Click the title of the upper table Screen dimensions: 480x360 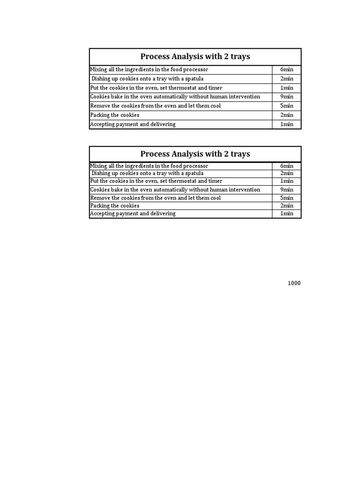pyautogui.click(x=195, y=57)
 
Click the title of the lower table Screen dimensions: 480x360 pyautogui.click(x=195, y=154)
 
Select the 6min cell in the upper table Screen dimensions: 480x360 pyautogui.click(x=286, y=70)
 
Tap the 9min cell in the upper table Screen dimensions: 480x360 pyautogui.click(x=286, y=97)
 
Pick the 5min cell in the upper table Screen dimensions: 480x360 pyautogui.click(x=286, y=106)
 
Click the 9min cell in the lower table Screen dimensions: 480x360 pyautogui.click(x=286, y=190)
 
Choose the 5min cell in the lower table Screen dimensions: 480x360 pyautogui.click(x=286, y=198)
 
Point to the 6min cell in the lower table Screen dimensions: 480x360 pyautogui.click(x=286, y=166)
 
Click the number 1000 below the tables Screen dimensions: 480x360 pyautogui.click(x=294, y=283)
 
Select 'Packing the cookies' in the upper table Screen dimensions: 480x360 pyautogui.click(x=115, y=115)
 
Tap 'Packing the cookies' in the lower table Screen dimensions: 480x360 pyautogui.click(x=115, y=206)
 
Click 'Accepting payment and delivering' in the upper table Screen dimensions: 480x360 pyautogui.click(x=133, y=124)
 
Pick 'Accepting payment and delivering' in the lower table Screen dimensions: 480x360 pyautogui.click(x=133, y=214)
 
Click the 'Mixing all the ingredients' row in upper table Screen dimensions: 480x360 pyautogui.click(x=149, y=70)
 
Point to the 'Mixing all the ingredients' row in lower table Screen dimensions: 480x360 pyautogui.click(x=149, y=166)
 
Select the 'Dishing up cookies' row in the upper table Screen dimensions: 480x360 pyautogui.click(x=147, y=79)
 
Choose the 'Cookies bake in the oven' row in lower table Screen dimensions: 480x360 pyautogui.click(x=175, y=190)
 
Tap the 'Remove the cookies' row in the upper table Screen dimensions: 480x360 pyautogui.click(x=155, y=106)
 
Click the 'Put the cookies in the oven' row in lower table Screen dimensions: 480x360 pyautogui.click(x=156, y=181)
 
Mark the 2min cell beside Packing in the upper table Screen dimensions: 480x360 pyautogui.click(x=286, y=115)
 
